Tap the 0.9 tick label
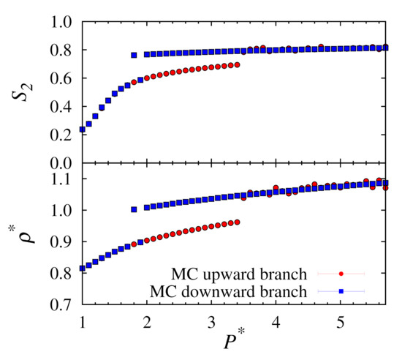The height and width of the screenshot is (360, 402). tap(61, 241)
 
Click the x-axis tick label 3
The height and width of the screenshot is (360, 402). tap(211, 322)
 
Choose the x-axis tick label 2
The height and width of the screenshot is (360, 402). tap(147, 322)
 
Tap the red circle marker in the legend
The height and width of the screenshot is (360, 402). tap(341, 274)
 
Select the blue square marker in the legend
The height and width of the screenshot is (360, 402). tap(341, 291)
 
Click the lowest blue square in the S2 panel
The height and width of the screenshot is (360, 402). tap(82, 130)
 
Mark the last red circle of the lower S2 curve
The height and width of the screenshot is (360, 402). tap(237, 65)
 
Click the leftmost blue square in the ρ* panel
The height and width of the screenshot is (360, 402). tap(82, 268)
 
